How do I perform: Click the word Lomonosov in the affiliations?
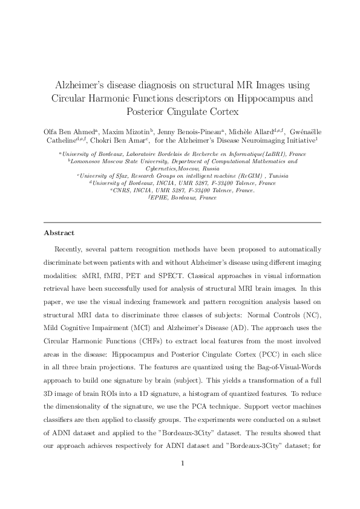point(87,161)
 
